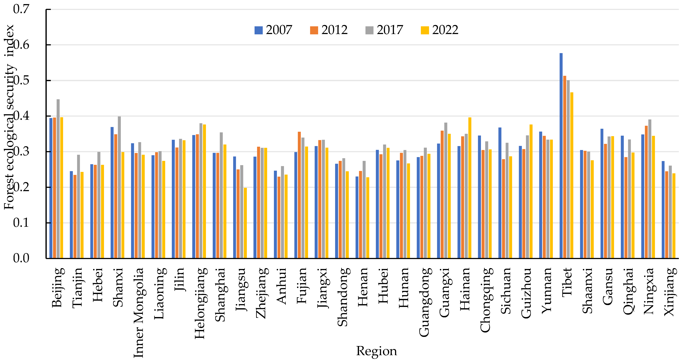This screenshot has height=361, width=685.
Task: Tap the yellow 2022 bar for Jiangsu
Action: [245, 223]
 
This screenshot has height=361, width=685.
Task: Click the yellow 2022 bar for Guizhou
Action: [531, 191]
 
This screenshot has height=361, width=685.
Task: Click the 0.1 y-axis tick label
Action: [21, 223]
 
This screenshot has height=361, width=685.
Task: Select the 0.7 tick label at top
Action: [21, 9]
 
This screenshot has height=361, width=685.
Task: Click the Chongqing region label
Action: [486, 300]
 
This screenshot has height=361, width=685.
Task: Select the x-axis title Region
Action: [376, 351]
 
